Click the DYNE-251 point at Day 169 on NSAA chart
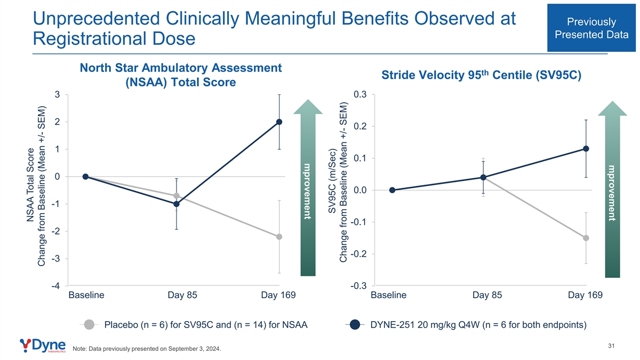coord(279,122)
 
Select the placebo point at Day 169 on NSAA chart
coord(279,237)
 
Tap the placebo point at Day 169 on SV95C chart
coord(586,238)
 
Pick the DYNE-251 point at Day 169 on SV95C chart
coord(586,149)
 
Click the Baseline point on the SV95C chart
coord(393,190)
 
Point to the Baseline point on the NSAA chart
coord(85,177)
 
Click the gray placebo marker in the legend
coord(89,325)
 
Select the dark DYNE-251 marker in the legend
coord(355,325)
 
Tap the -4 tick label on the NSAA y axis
coord(55,286)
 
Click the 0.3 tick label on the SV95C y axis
coord(360,94)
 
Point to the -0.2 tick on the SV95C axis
coord(358,254)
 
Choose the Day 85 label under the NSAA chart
coord(182,295)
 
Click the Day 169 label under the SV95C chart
coord(585,295)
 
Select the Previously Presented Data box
coord(591,28)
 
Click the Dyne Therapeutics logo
coord(43,346)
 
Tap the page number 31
coord(611,346)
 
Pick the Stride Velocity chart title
coord(482,75)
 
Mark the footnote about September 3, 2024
coord(147,349)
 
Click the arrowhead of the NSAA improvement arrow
coord(308,107)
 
